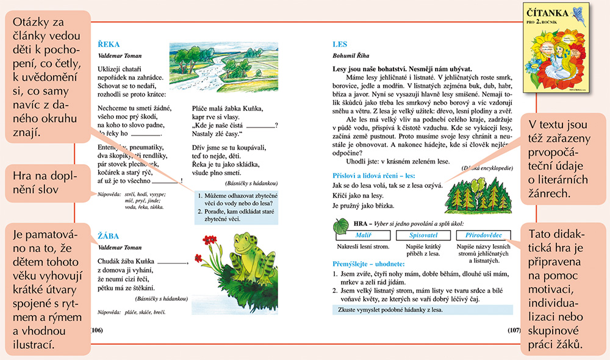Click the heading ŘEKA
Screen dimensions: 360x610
pos(109,44)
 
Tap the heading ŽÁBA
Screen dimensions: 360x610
pos(109,236)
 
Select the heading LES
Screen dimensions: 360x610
pos(340,44)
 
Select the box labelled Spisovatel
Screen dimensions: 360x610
pos(422,235)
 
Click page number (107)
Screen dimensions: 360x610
pos(514,330)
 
